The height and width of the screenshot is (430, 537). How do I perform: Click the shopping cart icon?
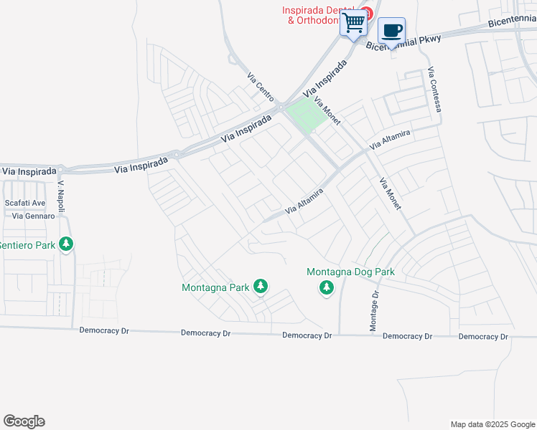click(x=353, y=24)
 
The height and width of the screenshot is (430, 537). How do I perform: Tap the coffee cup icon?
click(x=391, y=32)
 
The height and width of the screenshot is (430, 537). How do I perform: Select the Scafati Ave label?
click(x=25, y=204)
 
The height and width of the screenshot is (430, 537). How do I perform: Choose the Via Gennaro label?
click(x=29, y=216)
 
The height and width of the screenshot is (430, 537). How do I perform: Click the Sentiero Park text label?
click(x=27, y=245)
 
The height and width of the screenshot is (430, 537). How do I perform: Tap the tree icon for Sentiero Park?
click(x=66, y=245)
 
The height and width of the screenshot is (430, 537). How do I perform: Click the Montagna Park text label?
click(x=215, y=287)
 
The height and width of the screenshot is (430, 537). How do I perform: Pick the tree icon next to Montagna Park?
click(x=260, y=287)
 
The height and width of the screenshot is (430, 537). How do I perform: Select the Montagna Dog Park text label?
click(x=351, y=272)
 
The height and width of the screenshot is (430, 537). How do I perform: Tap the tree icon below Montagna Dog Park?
click(x=327, y=288)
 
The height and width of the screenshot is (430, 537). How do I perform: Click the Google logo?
click(x=24, y=421)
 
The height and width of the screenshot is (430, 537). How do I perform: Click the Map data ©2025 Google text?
click(x=493, y=424)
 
